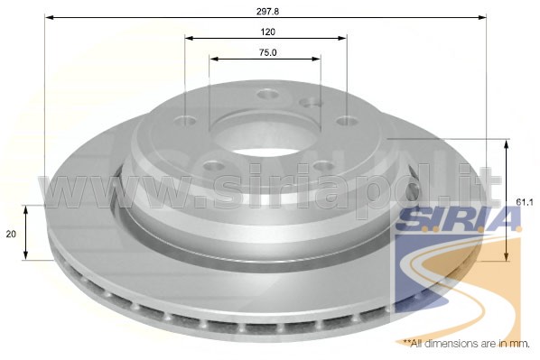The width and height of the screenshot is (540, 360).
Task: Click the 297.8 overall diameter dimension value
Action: tap(267, 11)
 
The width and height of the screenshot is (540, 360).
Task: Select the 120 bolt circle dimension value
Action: tap(268, 32)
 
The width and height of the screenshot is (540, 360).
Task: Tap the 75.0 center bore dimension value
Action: tap(267, 52)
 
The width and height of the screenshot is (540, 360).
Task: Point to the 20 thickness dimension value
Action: tap(11, 234)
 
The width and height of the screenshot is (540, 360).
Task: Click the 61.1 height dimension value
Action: tap(525, 203)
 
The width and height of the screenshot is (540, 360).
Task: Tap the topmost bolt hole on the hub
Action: tap(267, 94)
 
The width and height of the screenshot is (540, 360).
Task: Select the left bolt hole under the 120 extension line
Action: tap(185, 121)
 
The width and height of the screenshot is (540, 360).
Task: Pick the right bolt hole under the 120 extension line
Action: tap(347, 121)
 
